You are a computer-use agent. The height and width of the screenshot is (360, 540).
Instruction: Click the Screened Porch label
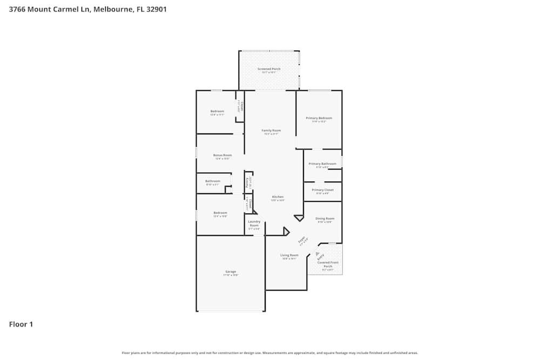click(268, 69)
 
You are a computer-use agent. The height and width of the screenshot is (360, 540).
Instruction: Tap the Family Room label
click(271, 131)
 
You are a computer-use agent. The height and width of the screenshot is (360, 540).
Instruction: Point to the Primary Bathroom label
click(322, 164)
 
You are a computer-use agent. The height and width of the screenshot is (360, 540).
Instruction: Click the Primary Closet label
click(322, 190)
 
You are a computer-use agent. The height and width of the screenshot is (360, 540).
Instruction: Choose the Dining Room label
click(325, 219)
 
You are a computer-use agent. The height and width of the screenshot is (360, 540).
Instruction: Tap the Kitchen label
click(278, 197)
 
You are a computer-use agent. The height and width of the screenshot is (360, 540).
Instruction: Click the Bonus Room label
click(222, 155)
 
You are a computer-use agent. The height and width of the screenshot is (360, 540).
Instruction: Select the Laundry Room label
click(254, 223)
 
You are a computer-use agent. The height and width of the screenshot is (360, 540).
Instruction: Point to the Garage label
click(231, 271)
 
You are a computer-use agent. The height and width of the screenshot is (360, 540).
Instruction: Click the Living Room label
click(289, 255)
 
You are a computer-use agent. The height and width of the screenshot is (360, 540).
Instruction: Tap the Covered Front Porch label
click(328, 264)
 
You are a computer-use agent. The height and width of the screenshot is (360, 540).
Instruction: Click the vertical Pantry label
click(247, 181)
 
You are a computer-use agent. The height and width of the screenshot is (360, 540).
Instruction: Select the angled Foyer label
click(302, 239)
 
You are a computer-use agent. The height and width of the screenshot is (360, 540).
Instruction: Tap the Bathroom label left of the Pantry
click(212, 181)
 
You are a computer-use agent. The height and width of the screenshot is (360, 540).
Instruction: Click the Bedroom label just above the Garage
click(220, 213)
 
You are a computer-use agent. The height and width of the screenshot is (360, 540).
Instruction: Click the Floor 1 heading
click(21, 324)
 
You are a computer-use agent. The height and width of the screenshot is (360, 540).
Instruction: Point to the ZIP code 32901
click(155, 9)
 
